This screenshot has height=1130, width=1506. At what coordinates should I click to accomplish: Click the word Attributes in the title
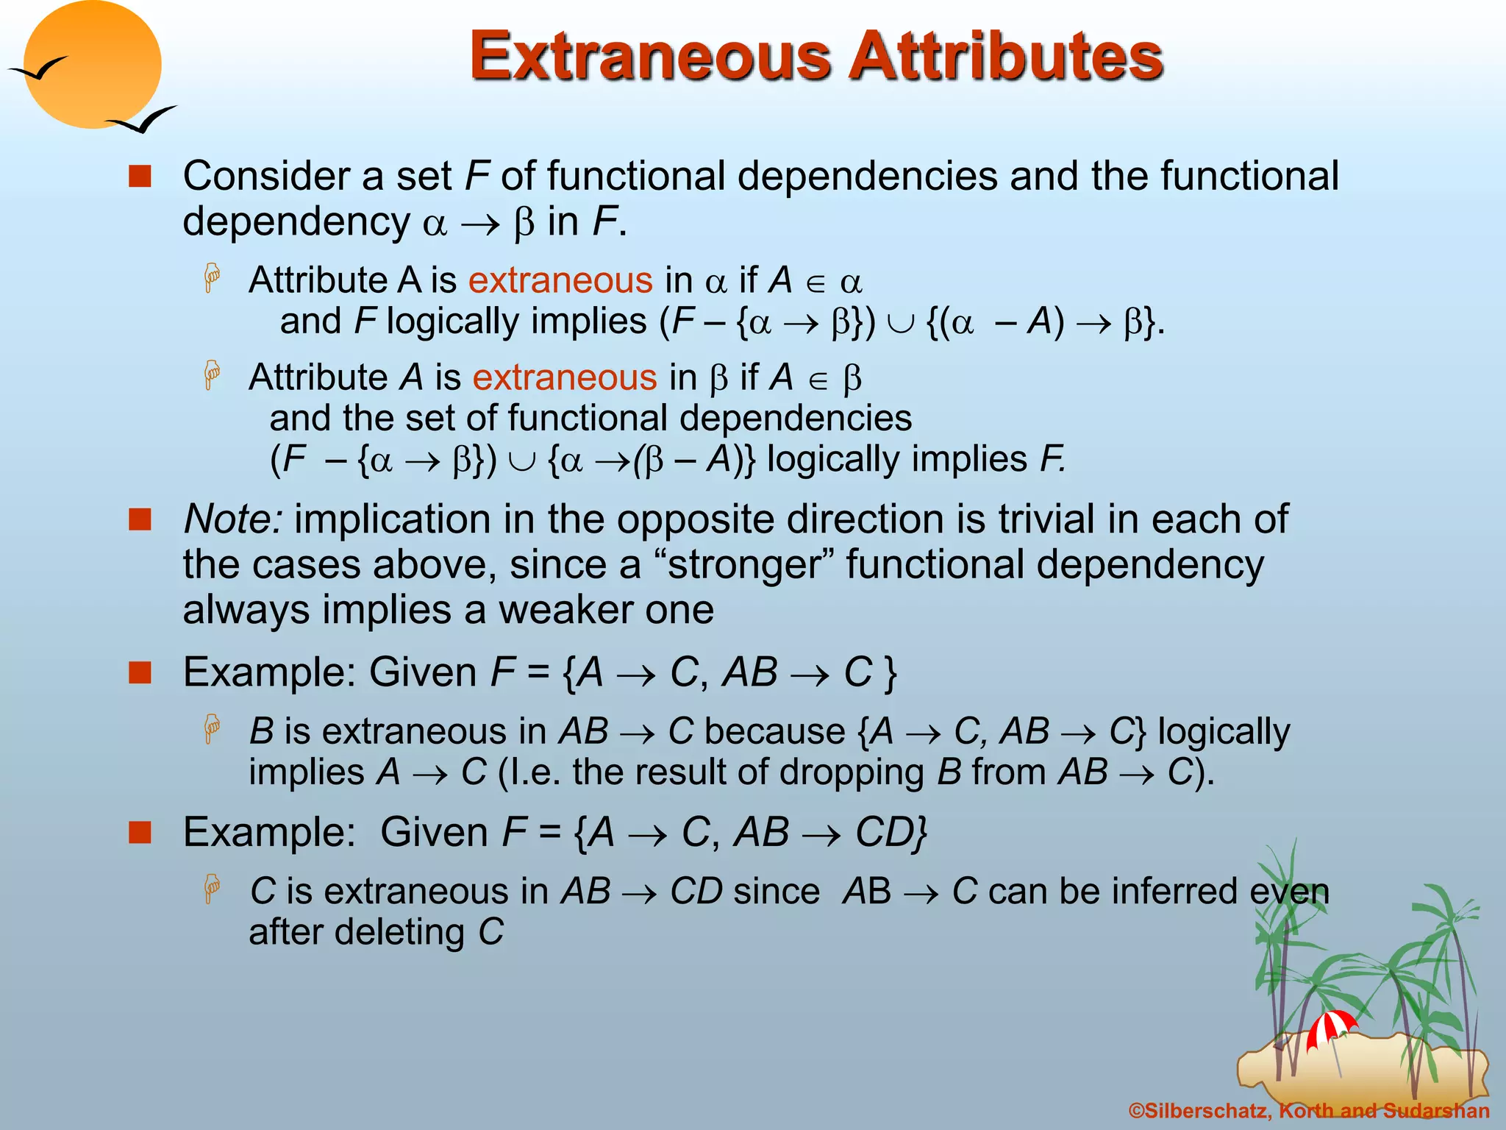[x=1007, y=57]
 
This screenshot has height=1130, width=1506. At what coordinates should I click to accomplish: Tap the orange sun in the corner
[x=92, y=65]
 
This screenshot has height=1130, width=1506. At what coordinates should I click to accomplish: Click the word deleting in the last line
[x=400, y=932]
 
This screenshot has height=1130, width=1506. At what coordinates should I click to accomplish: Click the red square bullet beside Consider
[x=140, y=177]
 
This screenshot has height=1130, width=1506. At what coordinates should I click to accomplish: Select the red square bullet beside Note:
[x=140, y=519]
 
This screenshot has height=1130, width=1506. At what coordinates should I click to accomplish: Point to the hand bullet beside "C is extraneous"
[x=213, y=889]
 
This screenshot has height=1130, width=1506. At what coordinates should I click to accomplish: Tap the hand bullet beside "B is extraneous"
[x=213, y=729]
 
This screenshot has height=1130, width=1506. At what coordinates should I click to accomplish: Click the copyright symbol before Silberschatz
[x=1136, y=1111]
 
